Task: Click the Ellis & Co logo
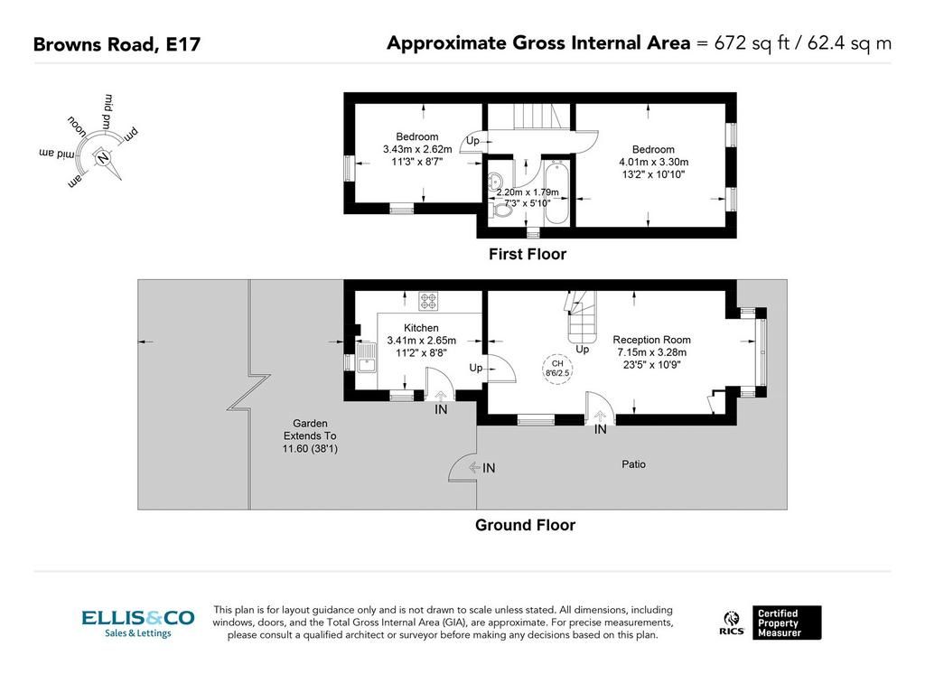click(x=138, y=623)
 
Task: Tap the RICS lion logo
click(x=732, y=623)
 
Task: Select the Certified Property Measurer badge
click(x=787, y=623)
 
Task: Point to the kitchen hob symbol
click(x=427, y=301)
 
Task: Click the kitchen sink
click(x=367, y=357)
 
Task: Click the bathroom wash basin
click(x=495, y=180)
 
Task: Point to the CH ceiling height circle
click(x=556, y=369)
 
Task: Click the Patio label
click(x=633, y=464)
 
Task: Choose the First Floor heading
click(x=528, y=255)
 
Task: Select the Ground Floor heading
click(x=525, y=525)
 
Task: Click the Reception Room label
click(x=651, y=340)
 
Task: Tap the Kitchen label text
click(x=421, y=328)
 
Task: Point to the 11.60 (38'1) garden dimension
click(x=310, y=448)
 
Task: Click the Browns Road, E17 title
click(x=117, y=44)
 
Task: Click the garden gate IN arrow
click(x=474, y=468)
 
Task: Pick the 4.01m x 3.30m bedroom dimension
click(x=653, y=162)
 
